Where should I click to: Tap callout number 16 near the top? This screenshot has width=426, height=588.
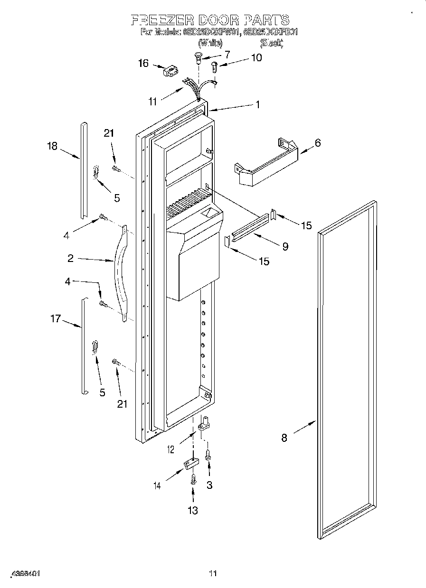(x=143, y=63)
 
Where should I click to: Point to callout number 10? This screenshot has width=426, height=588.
(x=256, y=57)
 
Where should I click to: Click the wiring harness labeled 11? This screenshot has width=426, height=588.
(x=199, y=90)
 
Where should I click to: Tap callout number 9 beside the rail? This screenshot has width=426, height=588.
(x=284, y=246)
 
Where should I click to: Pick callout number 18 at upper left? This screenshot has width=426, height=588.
(x=52, y=146)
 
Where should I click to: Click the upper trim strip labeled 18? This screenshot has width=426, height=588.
(x=84, y=171)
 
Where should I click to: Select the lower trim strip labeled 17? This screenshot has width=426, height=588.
(x=83, y=346)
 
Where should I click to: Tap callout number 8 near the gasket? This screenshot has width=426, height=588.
(x=284, y=438)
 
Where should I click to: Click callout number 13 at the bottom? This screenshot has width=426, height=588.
(x=192, y=510)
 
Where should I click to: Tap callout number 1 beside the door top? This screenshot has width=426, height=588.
(x=258, y=105)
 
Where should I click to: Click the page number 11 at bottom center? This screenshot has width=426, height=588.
(x=213, y=574)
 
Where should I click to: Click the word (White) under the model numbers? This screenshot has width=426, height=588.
(x=209, y=43)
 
